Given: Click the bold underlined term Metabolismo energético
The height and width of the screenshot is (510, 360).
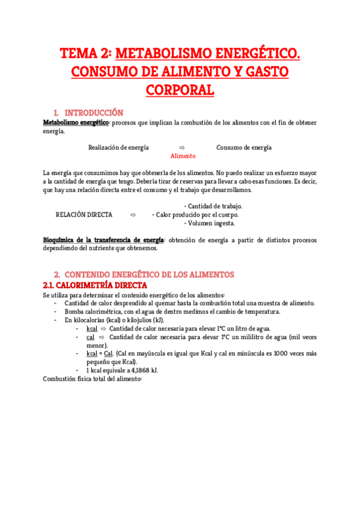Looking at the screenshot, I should [76, 123].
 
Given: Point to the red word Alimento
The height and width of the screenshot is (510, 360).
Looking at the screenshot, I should [183, 156].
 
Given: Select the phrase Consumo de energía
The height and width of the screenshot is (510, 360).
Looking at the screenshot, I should [243, 147].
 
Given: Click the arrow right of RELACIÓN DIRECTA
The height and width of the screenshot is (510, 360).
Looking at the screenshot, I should [133, 214].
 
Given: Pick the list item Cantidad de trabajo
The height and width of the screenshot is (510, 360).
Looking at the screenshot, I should [215, 206].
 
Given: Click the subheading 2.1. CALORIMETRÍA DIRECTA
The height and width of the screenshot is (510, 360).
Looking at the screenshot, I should [95, 284].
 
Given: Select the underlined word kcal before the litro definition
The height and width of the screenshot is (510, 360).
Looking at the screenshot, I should [91, 328].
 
